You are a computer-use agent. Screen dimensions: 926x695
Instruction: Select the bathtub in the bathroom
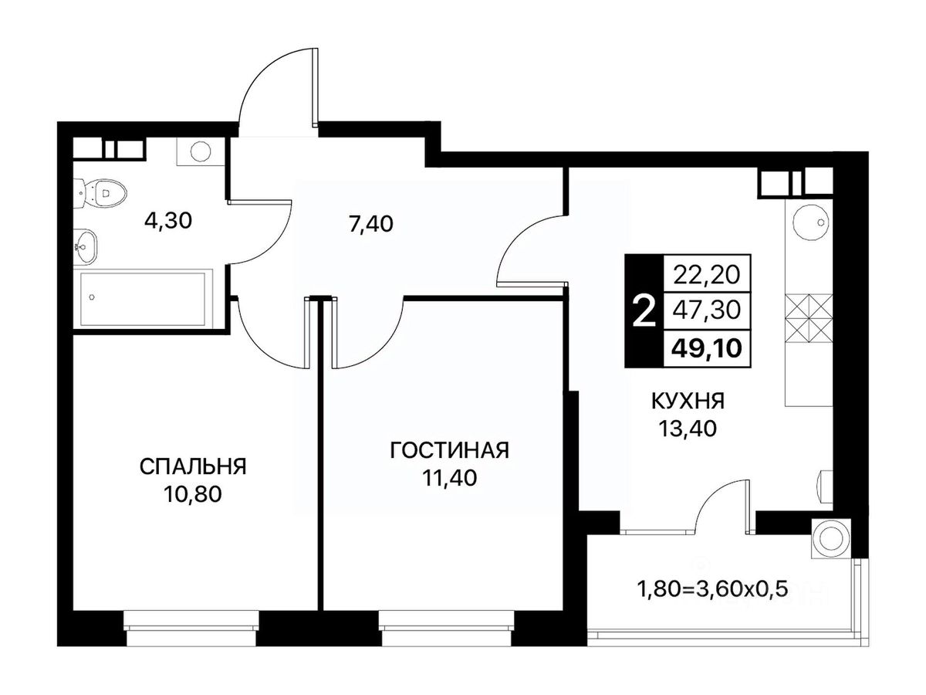(x=143, y=298)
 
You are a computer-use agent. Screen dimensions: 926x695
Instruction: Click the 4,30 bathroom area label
(x=168, y=221)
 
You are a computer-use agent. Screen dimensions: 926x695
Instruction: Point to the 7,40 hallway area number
(x=371, y=224)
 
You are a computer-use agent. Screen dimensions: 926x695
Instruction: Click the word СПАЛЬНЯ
(x=193, y=467)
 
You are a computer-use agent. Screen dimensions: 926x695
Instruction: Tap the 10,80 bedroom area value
(x=193, y=494)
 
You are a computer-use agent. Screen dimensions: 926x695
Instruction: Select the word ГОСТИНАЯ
(x=449, y=450)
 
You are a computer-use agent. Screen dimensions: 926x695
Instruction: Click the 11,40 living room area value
(x=449, y=478)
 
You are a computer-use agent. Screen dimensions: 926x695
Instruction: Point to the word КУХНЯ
(x=688, y=402)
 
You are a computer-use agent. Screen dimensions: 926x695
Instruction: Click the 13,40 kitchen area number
(x=688, y=429)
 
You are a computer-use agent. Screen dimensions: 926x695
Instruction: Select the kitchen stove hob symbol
(x=808, y=319)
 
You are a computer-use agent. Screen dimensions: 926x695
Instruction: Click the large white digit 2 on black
(x=645, y=310)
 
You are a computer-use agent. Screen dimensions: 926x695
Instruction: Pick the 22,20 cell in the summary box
(x=707, y=274)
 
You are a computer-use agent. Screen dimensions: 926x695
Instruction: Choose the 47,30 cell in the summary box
(x=707, y=310)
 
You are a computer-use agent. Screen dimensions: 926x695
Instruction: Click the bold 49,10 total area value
(x=707, y=348)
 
